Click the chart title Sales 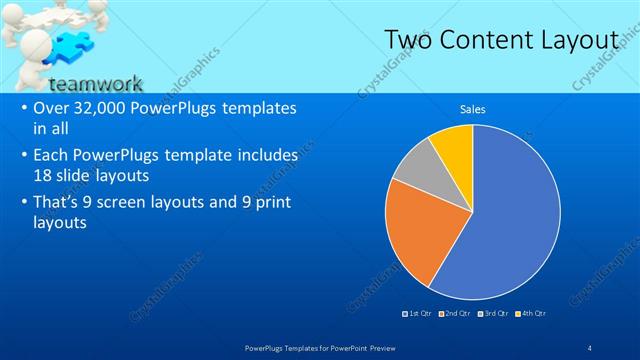pos(472,109)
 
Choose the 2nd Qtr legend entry pos(455,313)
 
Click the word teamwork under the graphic pos(96,84)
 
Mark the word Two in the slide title pos(410,40)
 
